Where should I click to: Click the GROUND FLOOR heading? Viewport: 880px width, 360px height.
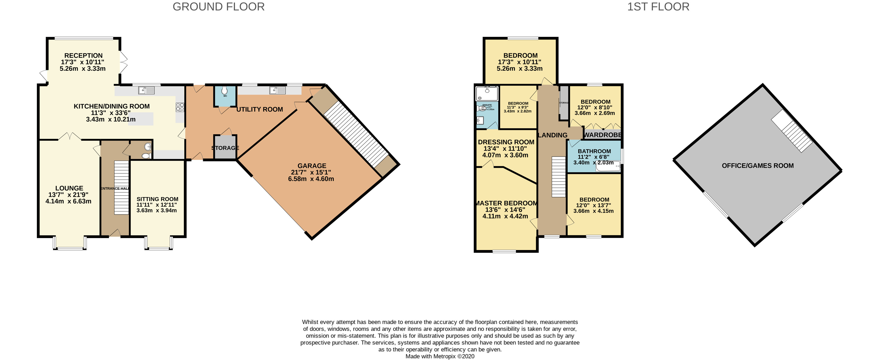pos(218,7)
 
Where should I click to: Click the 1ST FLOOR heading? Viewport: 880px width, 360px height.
pos(658,7)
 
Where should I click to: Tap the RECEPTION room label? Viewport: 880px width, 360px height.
pos(83,55)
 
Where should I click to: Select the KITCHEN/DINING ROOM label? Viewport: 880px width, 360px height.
pos(111,106)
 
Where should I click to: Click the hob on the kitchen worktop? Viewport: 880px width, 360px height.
pos(180,107)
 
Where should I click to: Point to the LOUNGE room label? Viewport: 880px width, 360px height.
pos(69,188)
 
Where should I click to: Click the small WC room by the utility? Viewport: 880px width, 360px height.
pos(225,96)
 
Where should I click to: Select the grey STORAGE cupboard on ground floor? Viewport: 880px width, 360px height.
pos(225,148)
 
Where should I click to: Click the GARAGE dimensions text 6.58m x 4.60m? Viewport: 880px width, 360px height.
pos(311,179)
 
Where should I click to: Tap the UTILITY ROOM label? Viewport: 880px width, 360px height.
pos(260,109)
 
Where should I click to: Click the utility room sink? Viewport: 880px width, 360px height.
pos(277,90)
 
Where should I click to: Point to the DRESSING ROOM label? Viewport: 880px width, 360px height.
pos(506,142)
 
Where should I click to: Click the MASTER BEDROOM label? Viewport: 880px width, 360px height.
pos(506,203)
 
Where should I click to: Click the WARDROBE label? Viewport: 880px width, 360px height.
pos(603,135)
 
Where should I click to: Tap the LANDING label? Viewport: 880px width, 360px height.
pos(552,135)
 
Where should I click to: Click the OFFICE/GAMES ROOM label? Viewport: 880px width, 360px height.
pos(757,166)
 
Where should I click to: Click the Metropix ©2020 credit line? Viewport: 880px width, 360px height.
pos(440,356)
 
